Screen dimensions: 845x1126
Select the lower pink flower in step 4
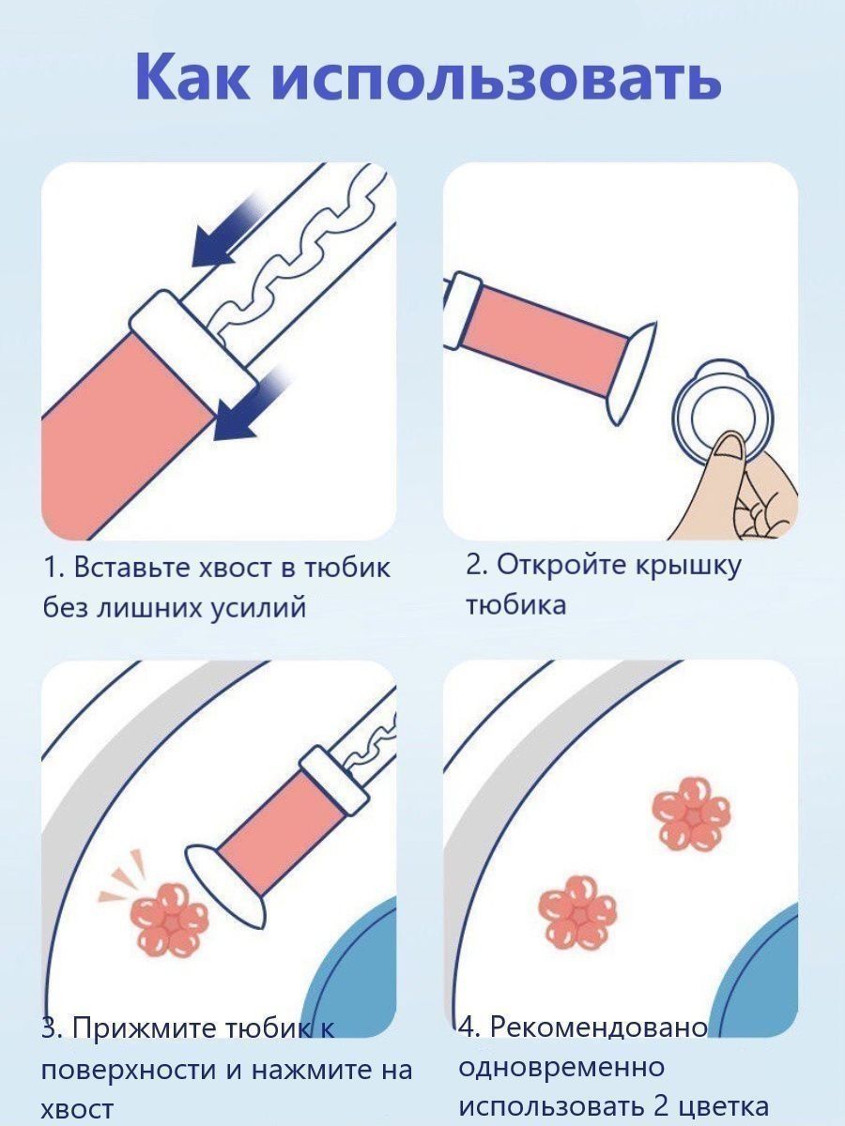(x=577, y=914)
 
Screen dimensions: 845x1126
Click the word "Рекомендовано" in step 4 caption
(x=599, y=1029)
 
